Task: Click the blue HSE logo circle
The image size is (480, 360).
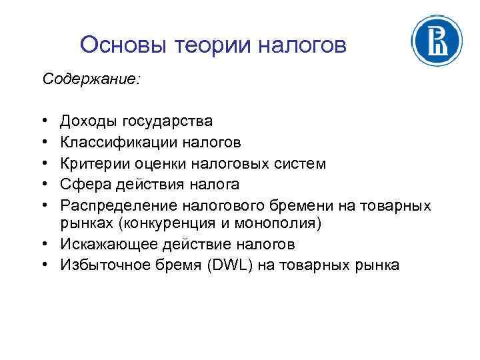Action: (437, 41)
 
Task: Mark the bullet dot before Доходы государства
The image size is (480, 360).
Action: (44, 121)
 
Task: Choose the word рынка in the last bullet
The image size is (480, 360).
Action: (378, 265)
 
